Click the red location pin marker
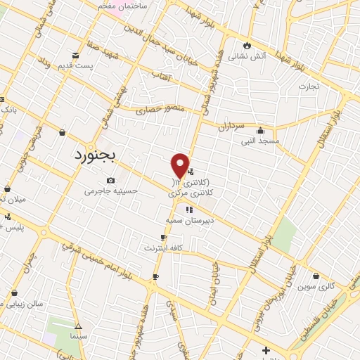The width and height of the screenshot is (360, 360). point(180,166)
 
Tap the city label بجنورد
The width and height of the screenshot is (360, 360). point(98,155)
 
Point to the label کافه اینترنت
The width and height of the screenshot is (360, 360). point(163,247)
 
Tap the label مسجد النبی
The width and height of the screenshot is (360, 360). point(260,141)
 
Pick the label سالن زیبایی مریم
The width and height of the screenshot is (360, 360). point(35,303)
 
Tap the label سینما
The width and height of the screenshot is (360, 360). point(78,337)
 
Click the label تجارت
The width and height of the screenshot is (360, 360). point(307,86)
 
